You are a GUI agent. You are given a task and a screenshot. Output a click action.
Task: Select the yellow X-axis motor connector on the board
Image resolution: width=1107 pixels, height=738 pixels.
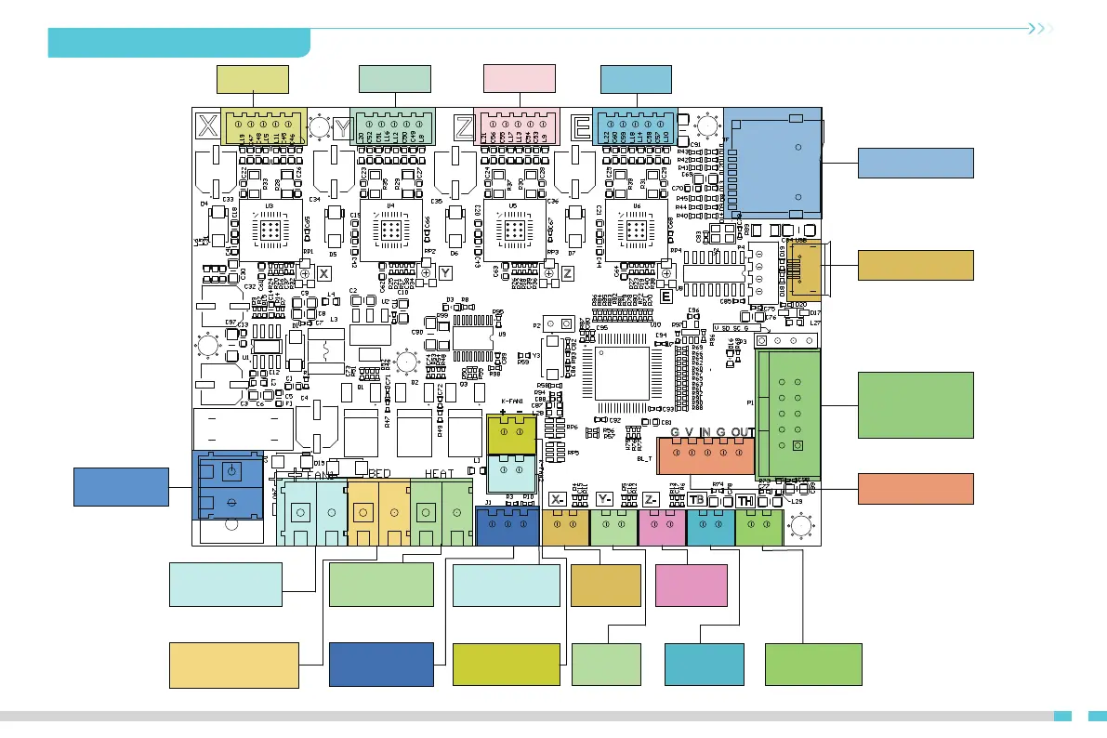coord(263,124)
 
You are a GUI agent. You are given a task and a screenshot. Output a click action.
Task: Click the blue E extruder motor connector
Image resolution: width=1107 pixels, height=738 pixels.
coord(636,125)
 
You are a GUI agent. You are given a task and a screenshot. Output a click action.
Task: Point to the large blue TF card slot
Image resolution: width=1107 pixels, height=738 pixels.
coord(772,164)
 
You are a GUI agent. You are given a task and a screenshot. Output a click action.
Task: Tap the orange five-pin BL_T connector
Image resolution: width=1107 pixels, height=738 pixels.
coord(706,455)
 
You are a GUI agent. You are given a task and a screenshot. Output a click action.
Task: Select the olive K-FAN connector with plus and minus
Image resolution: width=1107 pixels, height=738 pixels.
coord(511,432)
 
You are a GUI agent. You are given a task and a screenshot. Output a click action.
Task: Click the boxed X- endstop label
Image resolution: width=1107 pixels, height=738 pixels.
coord(559,500)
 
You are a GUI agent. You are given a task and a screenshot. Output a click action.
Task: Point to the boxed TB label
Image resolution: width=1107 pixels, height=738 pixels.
coord(698,500)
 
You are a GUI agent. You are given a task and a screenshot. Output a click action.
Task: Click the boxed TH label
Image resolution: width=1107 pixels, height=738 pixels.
coord(745,500)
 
